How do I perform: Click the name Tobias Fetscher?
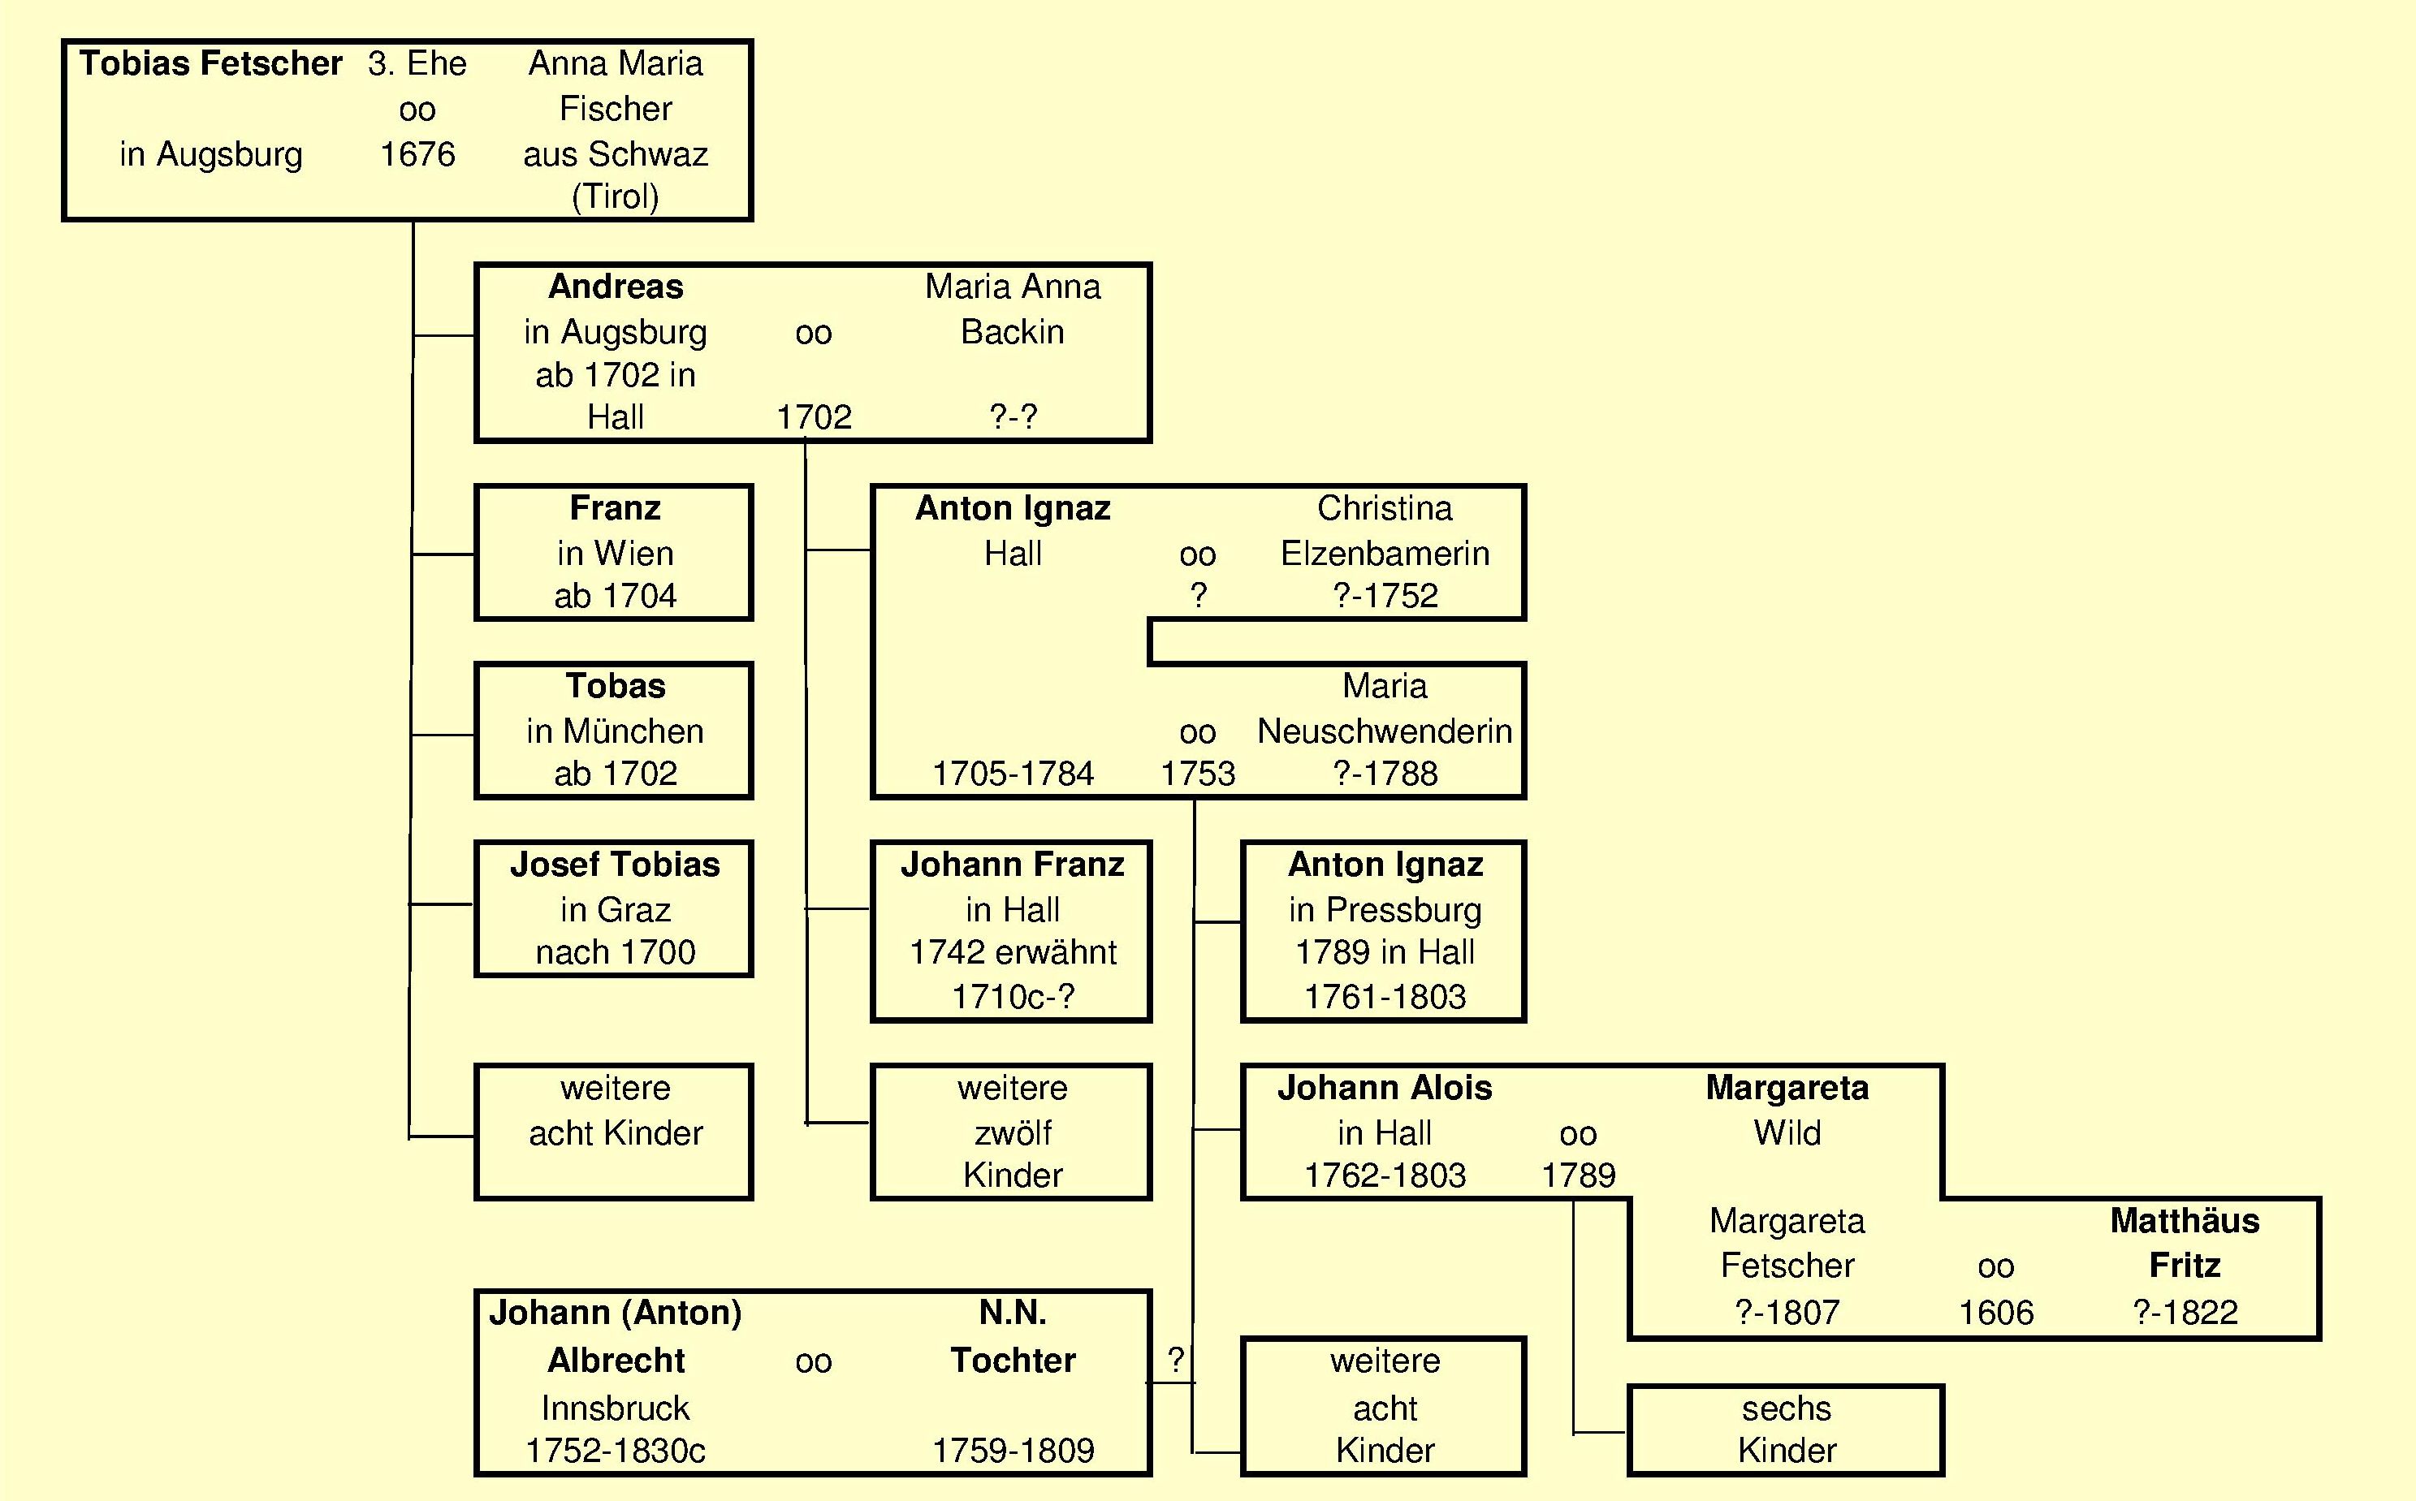[x=210, y=63]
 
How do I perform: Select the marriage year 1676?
[x=417, y=154]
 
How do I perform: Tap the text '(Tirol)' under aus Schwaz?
[x=616, y=196]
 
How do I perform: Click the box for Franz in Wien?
[x=614, y=552]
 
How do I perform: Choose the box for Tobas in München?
[x=614, y=730]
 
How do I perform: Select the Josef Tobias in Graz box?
[x=614, y=908]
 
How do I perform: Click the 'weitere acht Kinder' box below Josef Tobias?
[x=614, y=1132]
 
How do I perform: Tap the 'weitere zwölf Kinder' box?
[x=1011, y=1132]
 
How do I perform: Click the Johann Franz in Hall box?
[x=1011, y=930]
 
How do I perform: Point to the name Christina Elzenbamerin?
[x=1385, y=530]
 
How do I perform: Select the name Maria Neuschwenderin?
[x=1385, y=709]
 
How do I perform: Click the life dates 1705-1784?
[x=1012, y=774]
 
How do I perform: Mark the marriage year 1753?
[x=1198, y=774]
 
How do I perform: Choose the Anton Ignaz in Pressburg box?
[x=1383, y=930]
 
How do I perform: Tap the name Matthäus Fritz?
[x=2184, y=1243]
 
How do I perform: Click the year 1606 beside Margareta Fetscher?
[x=1995, y=1313]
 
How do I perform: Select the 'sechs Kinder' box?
[x=1786, y=1430]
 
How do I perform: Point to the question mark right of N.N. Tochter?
[x=1176, y=1359]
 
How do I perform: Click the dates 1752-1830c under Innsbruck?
[x=615, y=1451]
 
